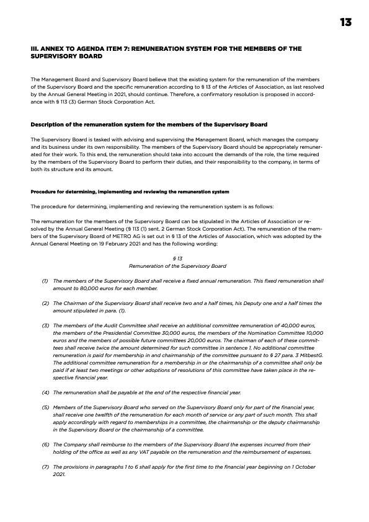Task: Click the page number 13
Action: (345, 22)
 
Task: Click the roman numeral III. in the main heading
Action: (35, 48)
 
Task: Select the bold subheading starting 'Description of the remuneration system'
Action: (149, 124)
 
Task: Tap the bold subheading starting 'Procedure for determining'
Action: (130, 192)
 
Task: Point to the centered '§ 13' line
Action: (177, 257)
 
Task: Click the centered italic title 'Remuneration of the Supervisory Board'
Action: (177, 265)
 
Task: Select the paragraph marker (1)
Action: (45, 281)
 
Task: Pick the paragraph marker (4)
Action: (45, 392)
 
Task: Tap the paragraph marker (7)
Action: (45, 466)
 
